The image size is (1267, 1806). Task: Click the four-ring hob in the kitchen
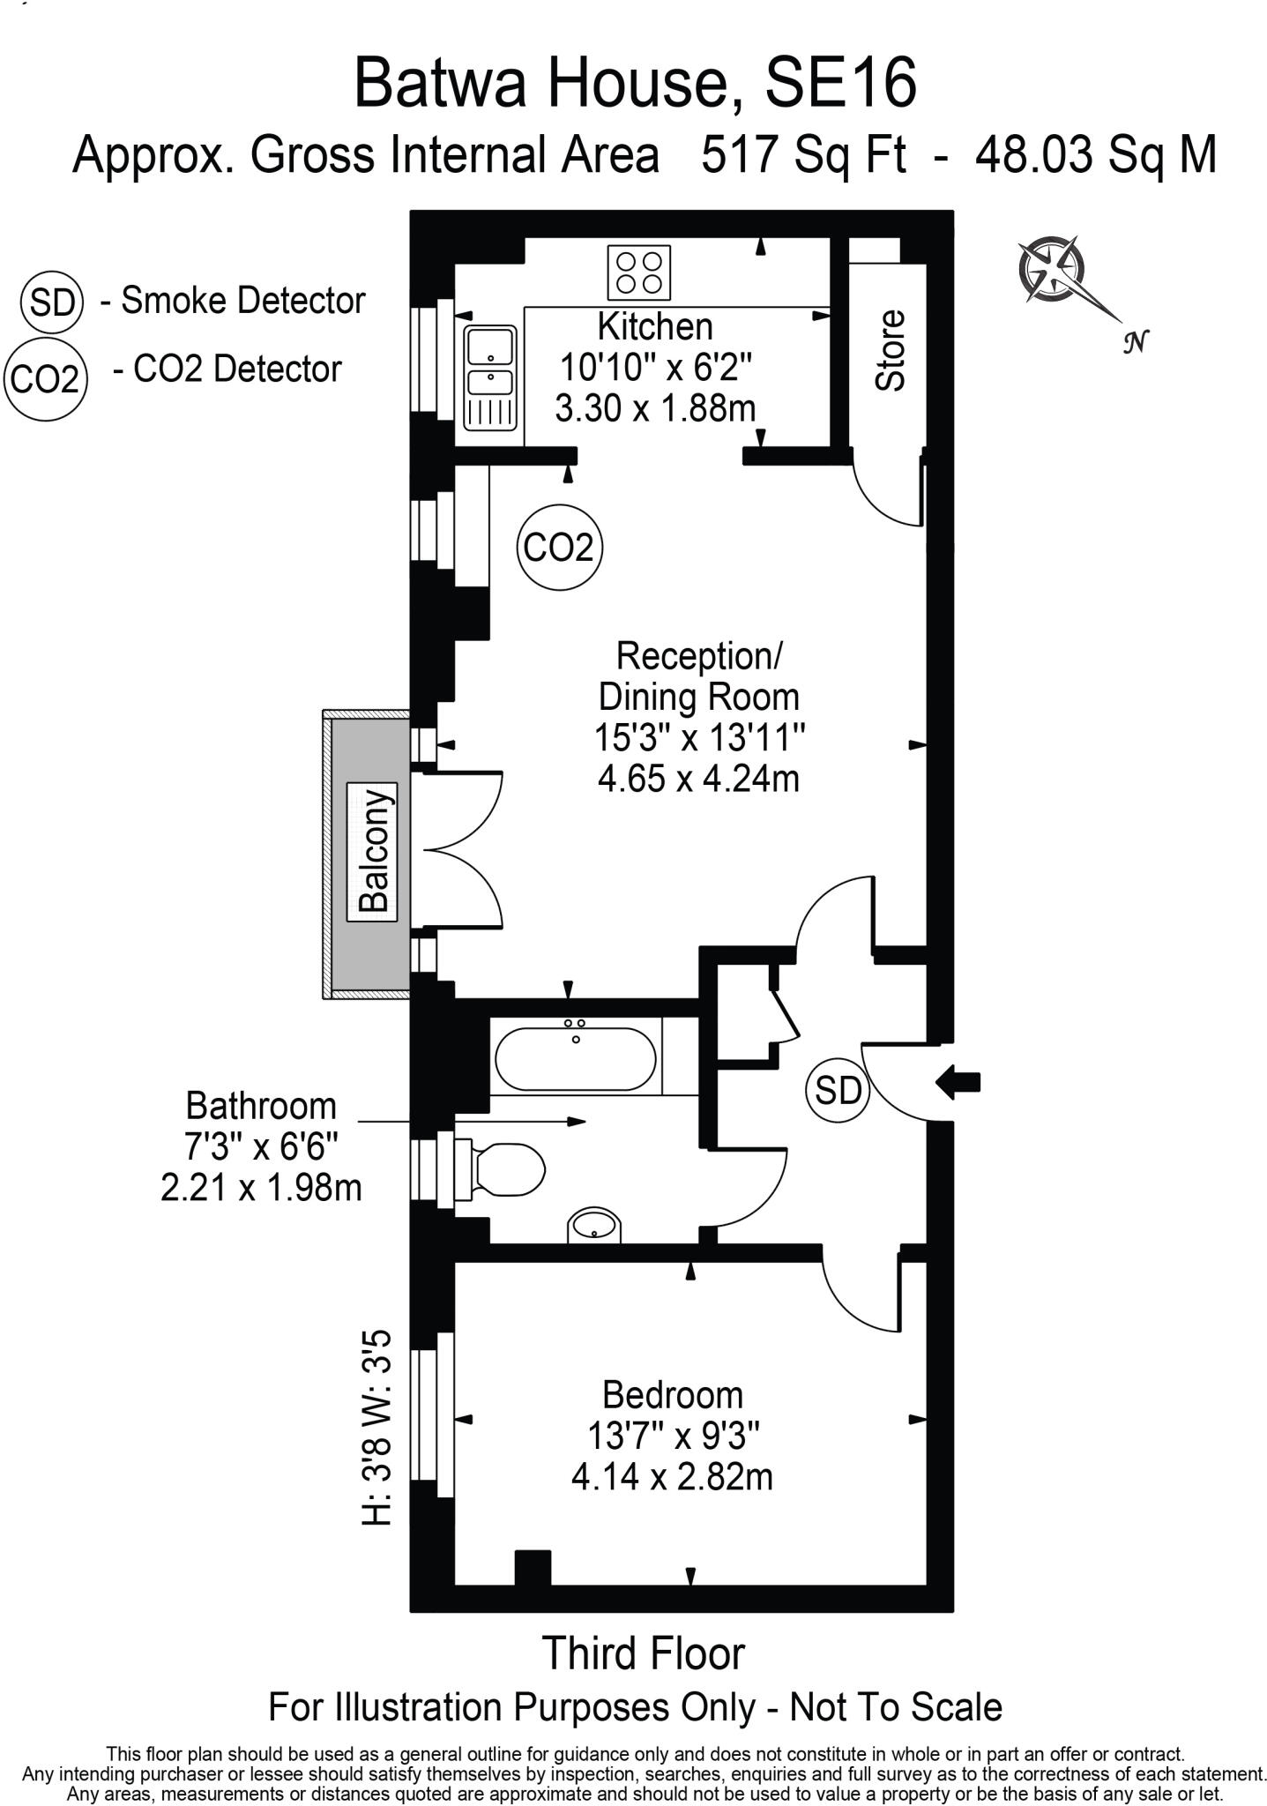click(638, 272)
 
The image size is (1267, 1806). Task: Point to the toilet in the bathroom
click(499, 1170)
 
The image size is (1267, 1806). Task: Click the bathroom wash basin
click(594, 1226)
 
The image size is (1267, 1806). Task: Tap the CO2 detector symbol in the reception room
click(559, 548)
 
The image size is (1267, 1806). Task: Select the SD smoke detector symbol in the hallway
click(838, 1091)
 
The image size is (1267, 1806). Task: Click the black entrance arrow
click(958, 1082)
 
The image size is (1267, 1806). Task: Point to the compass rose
click(1049, 268)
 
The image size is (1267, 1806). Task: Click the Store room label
click(891, 350)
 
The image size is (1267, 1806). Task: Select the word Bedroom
click(673, 1394)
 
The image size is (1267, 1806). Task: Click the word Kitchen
click(655, 326)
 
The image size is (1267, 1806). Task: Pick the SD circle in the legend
click(51, 302)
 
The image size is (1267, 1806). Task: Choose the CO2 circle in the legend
click(45, 379)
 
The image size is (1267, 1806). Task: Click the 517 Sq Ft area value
click(803, 154)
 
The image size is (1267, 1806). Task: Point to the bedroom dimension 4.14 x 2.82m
click(672, 1475)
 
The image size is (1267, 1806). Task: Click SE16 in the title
click(841, 82)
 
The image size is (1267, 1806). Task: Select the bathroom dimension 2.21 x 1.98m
click(261, 1187)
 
